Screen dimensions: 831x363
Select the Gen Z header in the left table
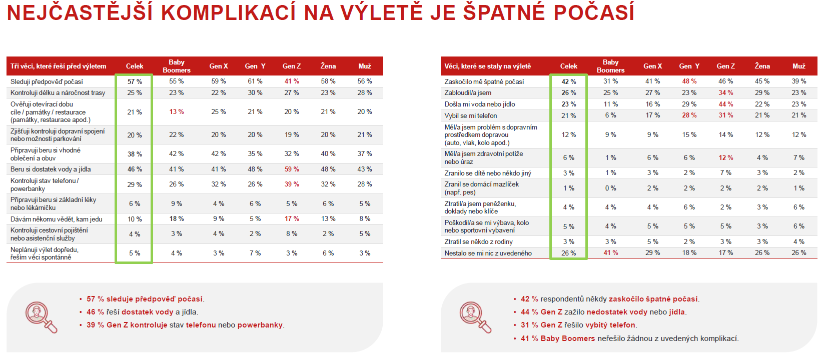[x=292, y=66]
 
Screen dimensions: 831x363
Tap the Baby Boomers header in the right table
[x=611, y=66]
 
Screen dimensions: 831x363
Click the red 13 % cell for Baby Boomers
[x=177, y=111]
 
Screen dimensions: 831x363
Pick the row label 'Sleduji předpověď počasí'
[x=47, y=81]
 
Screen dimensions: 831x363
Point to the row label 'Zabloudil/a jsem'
[x=468, y=92]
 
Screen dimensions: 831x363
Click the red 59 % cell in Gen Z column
[x=292, y=169]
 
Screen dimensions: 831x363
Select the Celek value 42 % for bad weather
[x=569, y=81]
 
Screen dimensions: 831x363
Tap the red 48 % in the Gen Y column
[x=689, y=81]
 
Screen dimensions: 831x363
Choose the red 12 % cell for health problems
[x=725, y=157]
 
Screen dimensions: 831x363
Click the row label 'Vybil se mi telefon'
[x=471, y=115]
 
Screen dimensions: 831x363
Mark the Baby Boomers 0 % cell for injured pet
[x=611, y=188]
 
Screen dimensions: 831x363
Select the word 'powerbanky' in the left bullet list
[x=260, y=325]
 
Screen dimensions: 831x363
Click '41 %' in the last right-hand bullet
[x=529, y=338]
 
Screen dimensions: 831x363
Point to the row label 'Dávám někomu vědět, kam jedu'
[x=57, y=219]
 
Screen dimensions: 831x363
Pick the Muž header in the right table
[x=798, y=66]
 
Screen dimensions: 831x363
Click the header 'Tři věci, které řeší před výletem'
[x=58, y=66]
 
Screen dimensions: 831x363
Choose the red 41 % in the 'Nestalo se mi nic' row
[x=611, y=253]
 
